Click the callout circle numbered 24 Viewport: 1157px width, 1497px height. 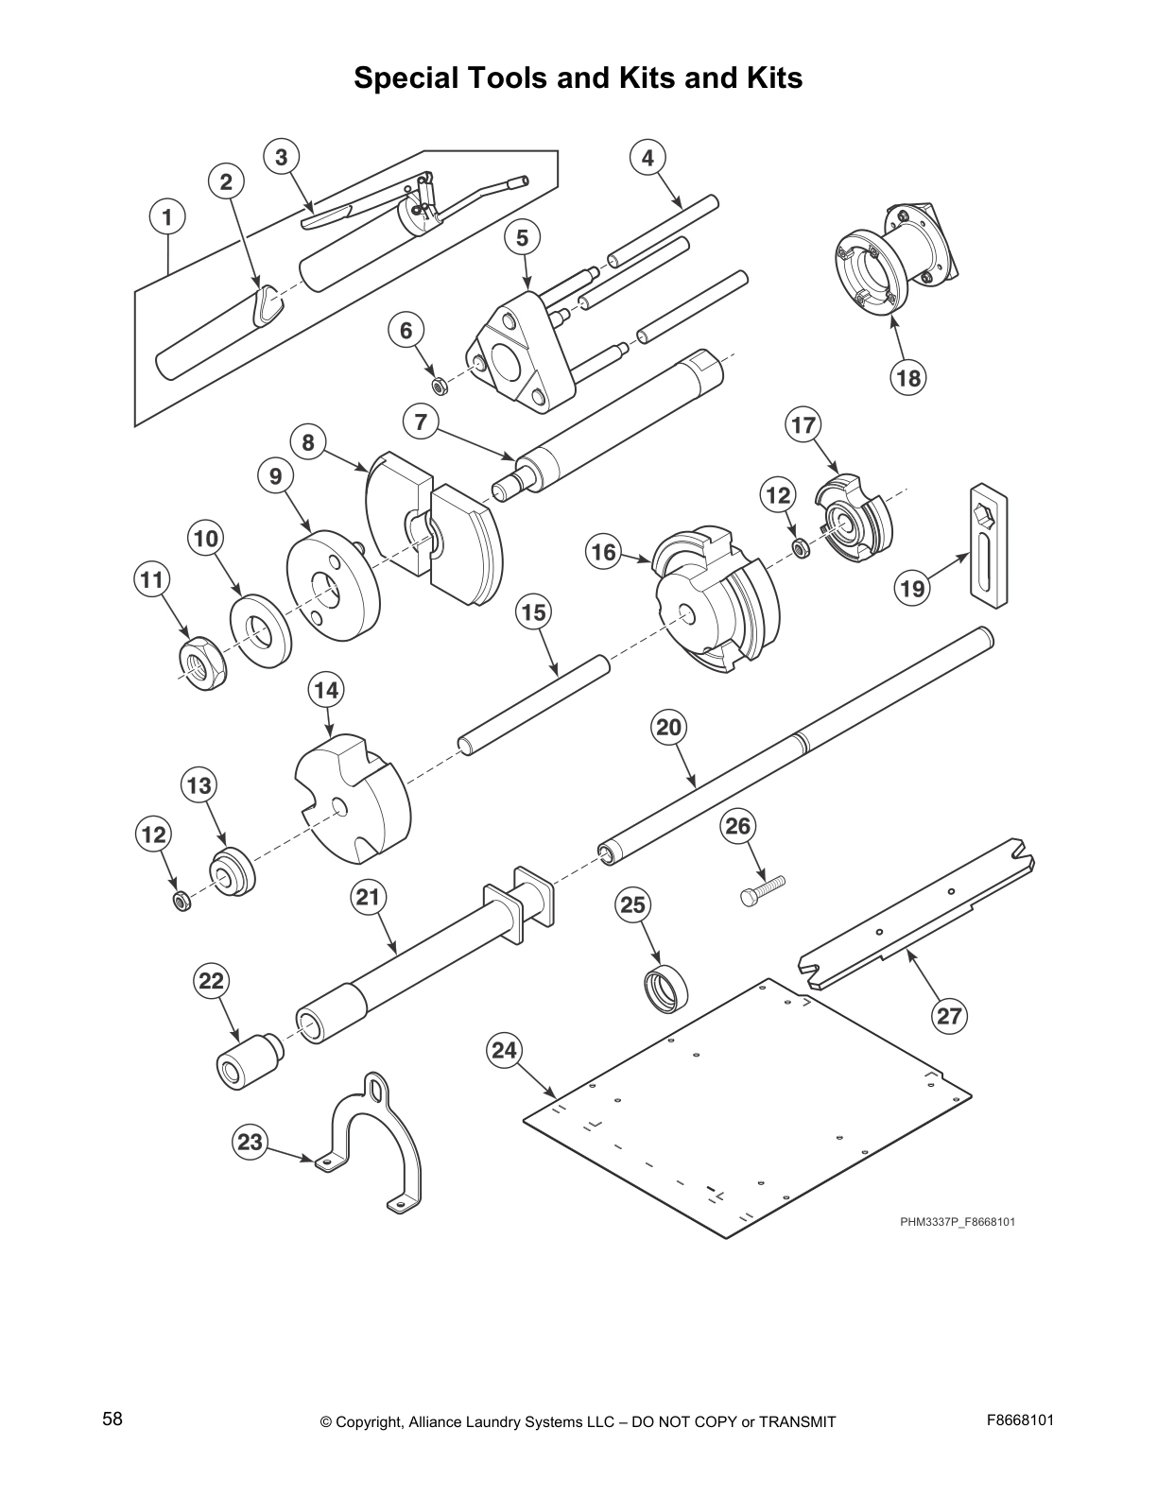click(506, 1050)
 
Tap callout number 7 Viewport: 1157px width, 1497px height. click(422, 422)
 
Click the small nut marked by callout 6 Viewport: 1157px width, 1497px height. click(439, 386)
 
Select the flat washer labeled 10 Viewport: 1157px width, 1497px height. click(260, 630)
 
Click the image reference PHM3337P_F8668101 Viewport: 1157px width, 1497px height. click(957, 1222)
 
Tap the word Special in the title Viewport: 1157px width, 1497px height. click(404, 77)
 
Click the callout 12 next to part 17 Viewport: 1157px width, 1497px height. click(777, 494)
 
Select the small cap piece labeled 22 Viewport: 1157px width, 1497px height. click(248, 1064)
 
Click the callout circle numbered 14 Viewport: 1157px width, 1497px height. click(326, 691)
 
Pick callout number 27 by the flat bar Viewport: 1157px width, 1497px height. click(948, 1016)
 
